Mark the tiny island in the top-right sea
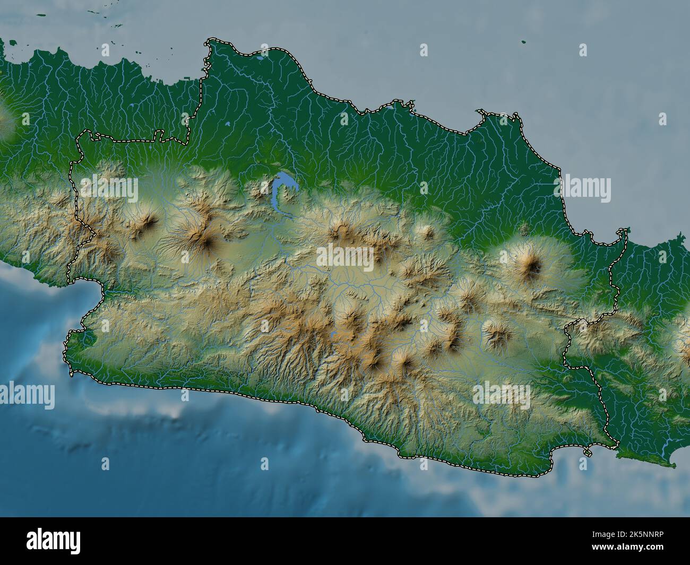coord(523,42)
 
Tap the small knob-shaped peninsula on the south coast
coord(588,452)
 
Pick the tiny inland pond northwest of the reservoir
coord(227,123)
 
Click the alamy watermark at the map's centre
coord(345,257)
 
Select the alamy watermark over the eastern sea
coord(582,188)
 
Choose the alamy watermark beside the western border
coord(109,188)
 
